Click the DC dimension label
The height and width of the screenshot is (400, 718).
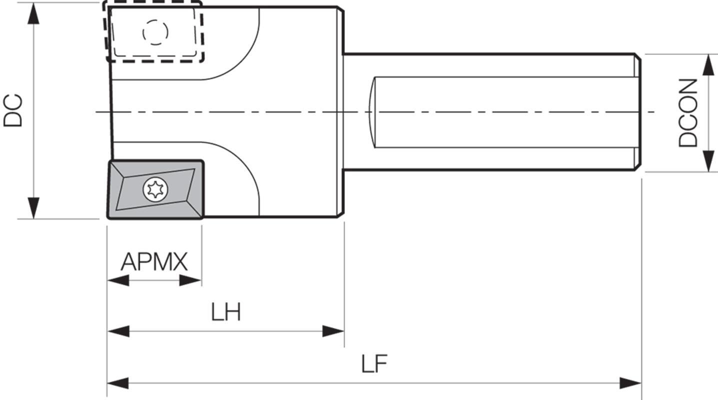pyautogui.click(x=13, y=110)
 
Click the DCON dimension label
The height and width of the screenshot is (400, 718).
pyautogui.click(x=688, y=113)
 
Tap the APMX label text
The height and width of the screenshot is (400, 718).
pyautogui.click(x=154, y=262)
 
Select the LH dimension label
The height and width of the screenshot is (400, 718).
pyautogui.click(x=225, y=312)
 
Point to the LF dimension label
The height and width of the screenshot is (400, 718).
pyautogui.click(x=374, y=364)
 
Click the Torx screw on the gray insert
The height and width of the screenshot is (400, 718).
pyautogui.click(x=155, y=189)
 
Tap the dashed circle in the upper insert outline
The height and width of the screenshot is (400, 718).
pyautogui.click(x=155, y=32)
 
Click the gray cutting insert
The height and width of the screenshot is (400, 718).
pyautogui.click(x=155, y=189)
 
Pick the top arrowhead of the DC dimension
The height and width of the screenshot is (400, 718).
pyautogui.click(x=33, y=13)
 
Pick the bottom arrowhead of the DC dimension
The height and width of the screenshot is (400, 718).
pyautogui.click(x=33, y=208)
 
